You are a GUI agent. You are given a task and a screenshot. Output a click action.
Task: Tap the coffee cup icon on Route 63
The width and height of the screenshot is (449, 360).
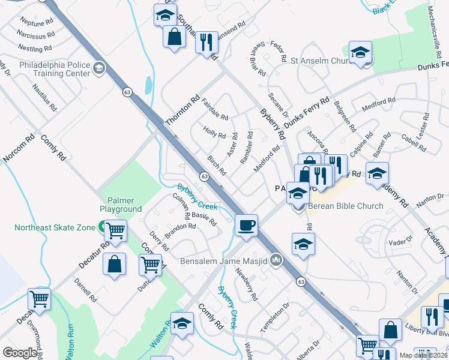[247, 226]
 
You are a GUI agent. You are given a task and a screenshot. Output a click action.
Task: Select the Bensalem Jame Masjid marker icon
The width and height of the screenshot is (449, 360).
[276, 260]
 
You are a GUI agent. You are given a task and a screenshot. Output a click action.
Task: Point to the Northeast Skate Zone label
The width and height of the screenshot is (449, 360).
[55, 227]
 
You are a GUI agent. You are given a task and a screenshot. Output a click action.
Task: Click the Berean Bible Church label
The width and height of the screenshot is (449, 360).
[345, 206]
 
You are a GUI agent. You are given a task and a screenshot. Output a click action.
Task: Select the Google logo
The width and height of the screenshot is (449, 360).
[20, 353]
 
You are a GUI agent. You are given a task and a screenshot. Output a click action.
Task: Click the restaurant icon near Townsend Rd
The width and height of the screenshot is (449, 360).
[206, 43]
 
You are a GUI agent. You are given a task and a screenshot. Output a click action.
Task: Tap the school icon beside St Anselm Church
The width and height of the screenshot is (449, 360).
[360, 53]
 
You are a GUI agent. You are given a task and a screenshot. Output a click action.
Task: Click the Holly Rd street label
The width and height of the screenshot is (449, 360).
[214, 131]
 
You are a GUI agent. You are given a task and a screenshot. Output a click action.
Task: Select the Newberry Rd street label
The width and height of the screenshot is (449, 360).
[247, 288]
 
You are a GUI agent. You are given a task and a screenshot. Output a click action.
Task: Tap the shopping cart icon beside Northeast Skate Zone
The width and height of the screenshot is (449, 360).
[115, 230]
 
